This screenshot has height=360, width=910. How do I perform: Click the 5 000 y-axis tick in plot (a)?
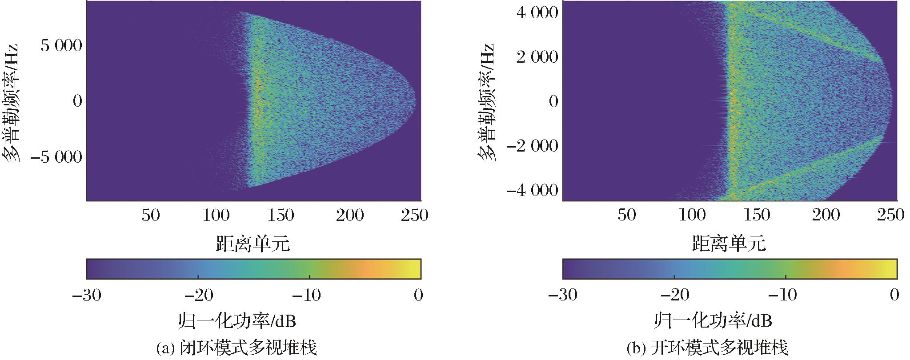61,45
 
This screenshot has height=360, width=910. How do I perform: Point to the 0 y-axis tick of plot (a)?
77,101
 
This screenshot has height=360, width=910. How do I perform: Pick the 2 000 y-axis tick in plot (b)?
537,57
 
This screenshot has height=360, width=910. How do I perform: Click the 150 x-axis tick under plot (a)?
281,216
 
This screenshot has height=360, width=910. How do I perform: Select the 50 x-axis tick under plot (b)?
627,216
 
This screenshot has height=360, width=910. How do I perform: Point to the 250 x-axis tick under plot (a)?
414,216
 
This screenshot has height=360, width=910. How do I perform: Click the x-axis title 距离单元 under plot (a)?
253,244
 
